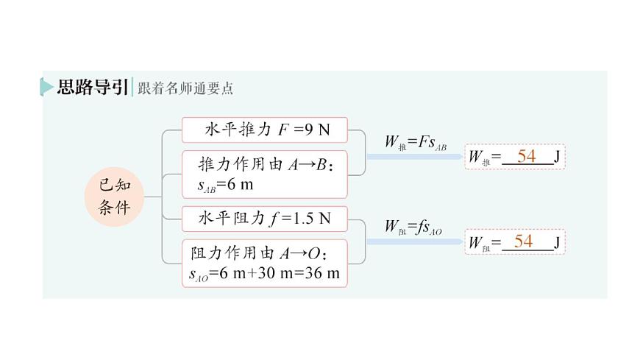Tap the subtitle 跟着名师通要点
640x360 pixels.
[185, 88]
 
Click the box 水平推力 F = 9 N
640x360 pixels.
[264, 131]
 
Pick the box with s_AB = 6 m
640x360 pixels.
[264, 174]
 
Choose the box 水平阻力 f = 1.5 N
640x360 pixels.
[264, 218]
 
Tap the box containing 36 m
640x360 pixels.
[264, 263]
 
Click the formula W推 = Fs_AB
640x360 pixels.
[416, 142]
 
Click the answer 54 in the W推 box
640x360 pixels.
[526, 156]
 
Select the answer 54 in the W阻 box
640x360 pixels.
[523, 241]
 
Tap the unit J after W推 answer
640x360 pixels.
[557, 156]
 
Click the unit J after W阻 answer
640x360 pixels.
[557, 242]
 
